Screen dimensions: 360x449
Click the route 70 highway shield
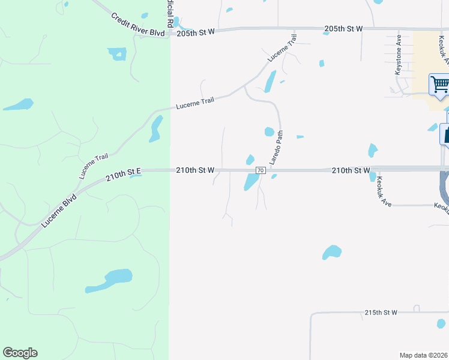pos(261,170)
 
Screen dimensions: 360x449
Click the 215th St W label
pos(381,313)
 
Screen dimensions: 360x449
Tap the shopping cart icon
pos(439,85)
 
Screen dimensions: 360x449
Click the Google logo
pos(20,353)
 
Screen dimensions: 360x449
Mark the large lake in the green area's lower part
pos(110,280)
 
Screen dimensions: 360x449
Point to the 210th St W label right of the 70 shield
pos(351,170)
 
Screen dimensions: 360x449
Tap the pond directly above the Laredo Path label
pos(269,131)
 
